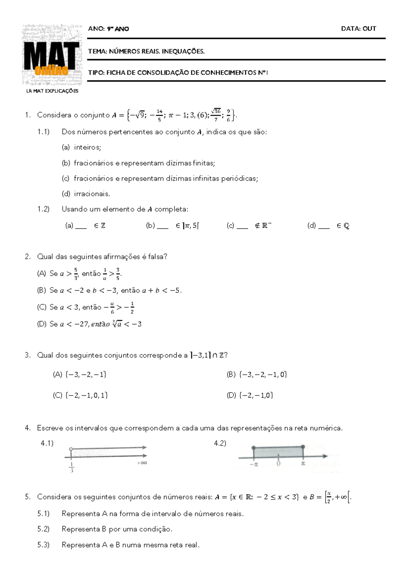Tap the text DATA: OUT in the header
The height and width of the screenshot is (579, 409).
coord(359,29)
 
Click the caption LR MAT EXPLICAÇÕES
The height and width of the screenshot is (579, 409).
coord(52,91)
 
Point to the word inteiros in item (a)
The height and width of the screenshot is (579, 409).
coord(87,147)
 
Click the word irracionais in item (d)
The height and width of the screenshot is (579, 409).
coord(92,194)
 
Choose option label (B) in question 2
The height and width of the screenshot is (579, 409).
coord(41,290)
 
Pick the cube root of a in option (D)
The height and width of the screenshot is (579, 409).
coord(117,324)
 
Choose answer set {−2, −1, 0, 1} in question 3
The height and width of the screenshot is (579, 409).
coord(86,395)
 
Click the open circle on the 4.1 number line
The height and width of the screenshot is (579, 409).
coord(71,449)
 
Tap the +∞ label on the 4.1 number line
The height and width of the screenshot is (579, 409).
coord(142,463)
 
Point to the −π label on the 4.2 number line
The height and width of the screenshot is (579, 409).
coord(253,464)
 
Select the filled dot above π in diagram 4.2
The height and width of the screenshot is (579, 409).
coord(303,447)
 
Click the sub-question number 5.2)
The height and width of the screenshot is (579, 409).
coord(43,529)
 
